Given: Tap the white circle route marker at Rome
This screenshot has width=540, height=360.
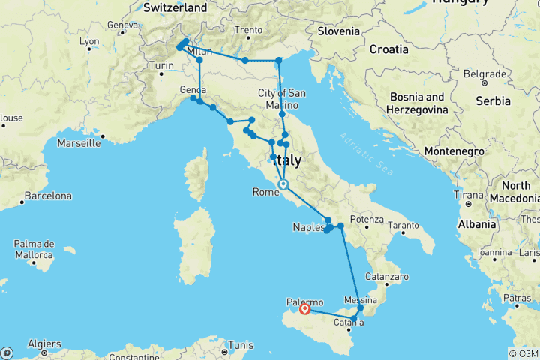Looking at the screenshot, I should pos(283,184).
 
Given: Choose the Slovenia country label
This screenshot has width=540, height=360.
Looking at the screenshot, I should pos(339,31).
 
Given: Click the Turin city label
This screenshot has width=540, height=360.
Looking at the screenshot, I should pos(161,66).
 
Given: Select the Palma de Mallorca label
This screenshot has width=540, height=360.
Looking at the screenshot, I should pos(35,249).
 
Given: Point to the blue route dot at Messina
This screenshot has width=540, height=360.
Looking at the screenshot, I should pos(361,307).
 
